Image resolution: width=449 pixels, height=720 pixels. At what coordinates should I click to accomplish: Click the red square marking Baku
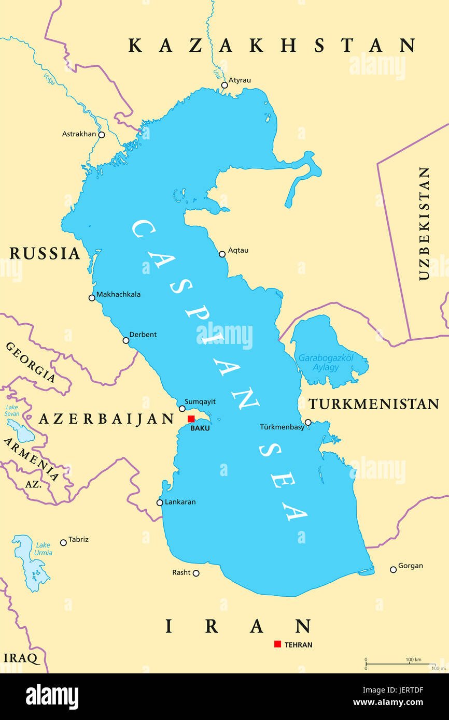191,419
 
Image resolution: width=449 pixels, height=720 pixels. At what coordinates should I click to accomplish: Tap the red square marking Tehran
277,644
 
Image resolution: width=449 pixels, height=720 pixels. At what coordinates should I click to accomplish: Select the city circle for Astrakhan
102,135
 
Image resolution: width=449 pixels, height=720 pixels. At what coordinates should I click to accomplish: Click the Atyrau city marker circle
224,85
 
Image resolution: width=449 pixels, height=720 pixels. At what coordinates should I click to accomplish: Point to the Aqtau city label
238,250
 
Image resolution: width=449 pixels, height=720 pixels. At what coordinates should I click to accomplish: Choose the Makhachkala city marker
92,298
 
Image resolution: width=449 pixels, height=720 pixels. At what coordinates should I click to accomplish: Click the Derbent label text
143,335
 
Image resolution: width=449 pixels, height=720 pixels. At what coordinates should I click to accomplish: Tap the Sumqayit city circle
182,409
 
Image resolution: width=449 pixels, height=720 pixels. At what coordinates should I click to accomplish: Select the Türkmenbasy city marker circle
308,423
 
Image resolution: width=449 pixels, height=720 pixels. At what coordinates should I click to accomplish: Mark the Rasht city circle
196,573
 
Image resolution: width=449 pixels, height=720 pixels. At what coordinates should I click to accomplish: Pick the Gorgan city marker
393,570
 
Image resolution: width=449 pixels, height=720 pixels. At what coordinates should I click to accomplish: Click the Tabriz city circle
63,543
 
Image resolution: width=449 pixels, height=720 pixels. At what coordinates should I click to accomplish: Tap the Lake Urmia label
44,549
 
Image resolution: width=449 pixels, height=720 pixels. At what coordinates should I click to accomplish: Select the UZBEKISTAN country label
424,223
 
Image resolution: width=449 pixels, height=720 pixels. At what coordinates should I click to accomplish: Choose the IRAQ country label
21,658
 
